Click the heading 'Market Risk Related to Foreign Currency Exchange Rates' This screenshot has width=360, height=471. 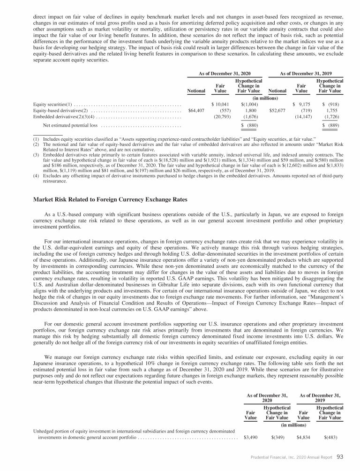110,200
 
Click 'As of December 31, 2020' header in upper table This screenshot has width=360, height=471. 224,74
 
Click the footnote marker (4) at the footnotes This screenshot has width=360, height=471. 36,175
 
